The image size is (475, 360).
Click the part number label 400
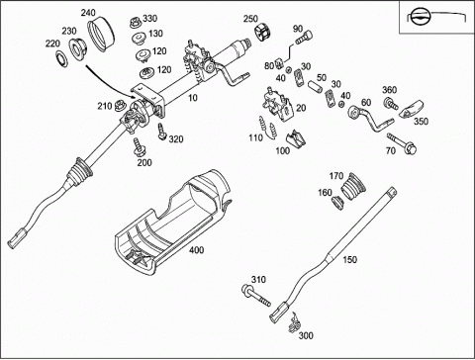(x=196, y=250)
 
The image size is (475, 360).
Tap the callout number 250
(x=250, y=19)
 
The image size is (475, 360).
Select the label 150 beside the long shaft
(x=349, y=260)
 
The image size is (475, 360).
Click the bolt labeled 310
(x=256, y=296)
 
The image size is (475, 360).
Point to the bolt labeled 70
(x=402, y=142)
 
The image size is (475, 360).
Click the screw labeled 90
(x=305, y=38)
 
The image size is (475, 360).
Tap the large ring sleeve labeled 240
(x=101, y=36)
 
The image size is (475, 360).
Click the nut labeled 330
(x=136, y=24)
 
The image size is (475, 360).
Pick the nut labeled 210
(x=119, y=106)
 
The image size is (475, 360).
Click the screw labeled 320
(x=162, y=132)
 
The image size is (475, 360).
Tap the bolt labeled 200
(x=140, y=148)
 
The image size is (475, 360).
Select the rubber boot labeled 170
(x=352, y=186)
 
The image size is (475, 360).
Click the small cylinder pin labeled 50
(x=315, y=87)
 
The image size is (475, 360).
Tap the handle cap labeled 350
(x=411, y=109)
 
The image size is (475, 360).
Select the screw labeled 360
(x=391, y=104)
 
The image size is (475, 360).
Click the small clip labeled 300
(x=294, y=323)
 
